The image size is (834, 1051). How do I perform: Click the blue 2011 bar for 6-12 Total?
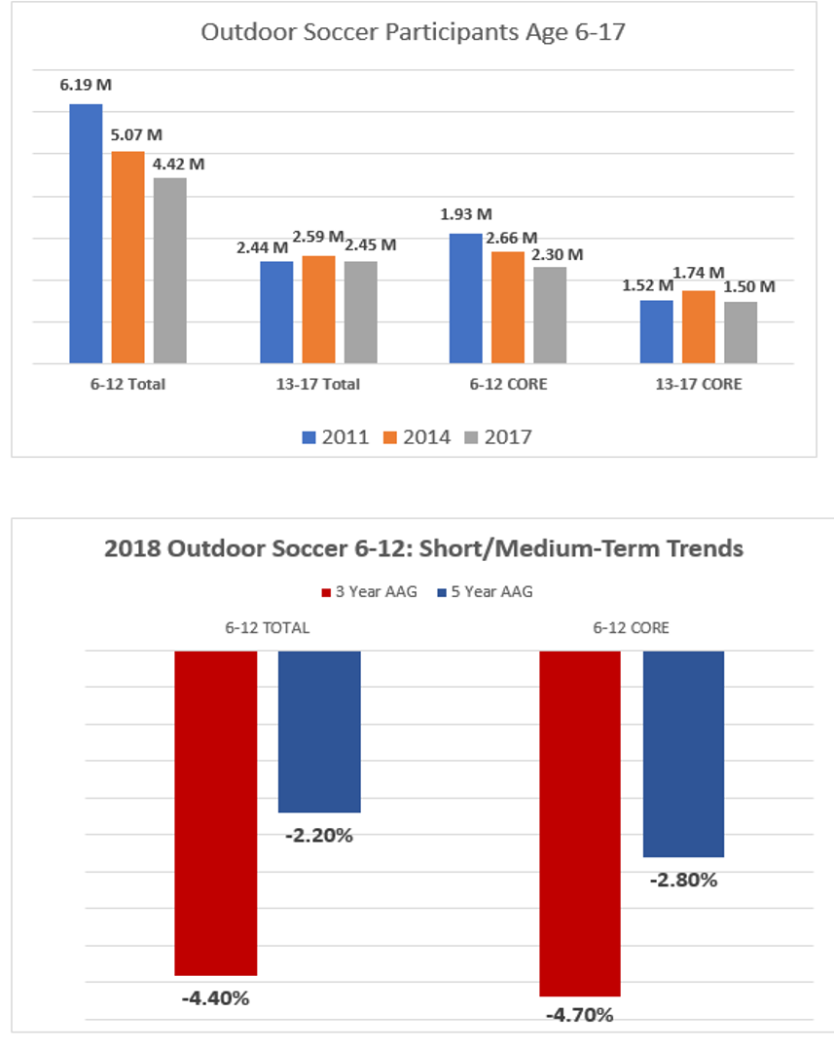click(86, 234)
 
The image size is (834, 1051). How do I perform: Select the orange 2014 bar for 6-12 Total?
click(127, 258)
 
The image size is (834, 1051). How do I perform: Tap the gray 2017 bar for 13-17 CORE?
click(741, 333)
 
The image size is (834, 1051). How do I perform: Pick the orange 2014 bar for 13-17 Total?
click(318, 310)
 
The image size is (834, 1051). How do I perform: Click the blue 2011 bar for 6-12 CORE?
click(465, 298)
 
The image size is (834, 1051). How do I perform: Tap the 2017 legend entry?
click(497, 437)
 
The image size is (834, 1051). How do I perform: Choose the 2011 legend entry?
click(335, 437)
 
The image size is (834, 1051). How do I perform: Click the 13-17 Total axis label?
click(318, 384)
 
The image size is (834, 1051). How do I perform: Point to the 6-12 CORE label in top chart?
click(508, 384)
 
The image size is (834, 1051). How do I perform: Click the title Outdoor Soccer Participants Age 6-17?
click(414, 31)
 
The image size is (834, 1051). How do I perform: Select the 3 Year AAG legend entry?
click(369, 591)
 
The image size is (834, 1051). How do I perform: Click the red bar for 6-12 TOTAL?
click(215, 813)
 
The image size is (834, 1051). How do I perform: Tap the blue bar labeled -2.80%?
click(683, 754)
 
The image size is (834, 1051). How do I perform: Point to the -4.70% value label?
click(580, 1015)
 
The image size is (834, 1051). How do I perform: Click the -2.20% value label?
click(318, 835)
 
